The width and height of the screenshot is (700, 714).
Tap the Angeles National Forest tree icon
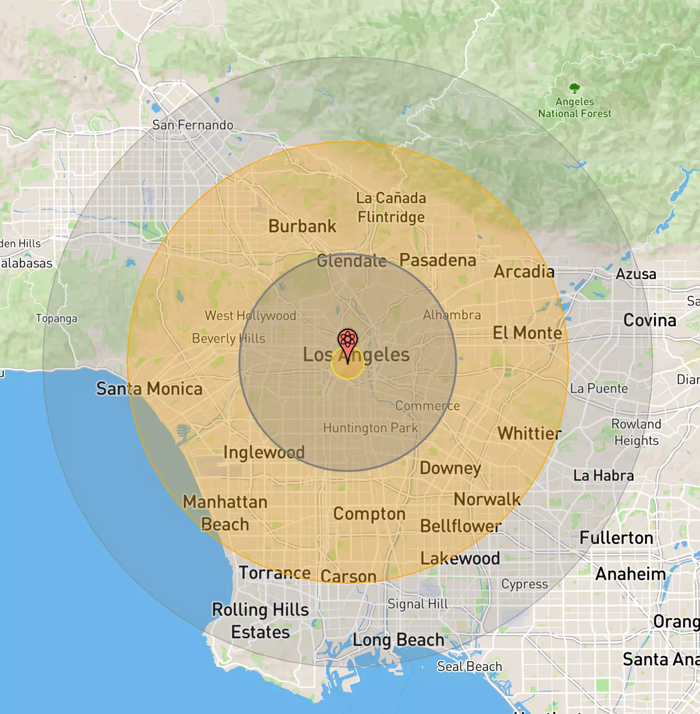[x=575, y=88]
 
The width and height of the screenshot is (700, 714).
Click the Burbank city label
[x=302, y=226]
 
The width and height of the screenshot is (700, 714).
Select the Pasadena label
[x=437, y=260]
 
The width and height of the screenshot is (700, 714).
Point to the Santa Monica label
[x=149, y=389]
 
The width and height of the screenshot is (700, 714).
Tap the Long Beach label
[x=399, y=640]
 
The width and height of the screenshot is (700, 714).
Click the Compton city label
[x=369, y=514]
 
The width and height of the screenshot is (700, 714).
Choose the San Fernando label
[x=192, y=125]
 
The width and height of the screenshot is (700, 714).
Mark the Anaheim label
[x=630, y=574]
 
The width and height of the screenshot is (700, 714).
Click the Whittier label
[x=529, y=433]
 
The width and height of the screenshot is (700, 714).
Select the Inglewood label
[x=264, y=452]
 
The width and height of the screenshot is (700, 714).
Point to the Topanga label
[x=56, y=319]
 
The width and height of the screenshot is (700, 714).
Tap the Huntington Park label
[x=370, y=428]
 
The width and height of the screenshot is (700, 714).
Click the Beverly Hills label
[x=228, y=339]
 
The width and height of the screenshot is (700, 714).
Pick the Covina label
[x=650, y=320]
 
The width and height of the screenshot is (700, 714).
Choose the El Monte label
[x=527, y=333]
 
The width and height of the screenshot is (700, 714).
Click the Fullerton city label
[x=616, y=537]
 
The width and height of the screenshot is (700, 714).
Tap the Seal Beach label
[x=469, y=666]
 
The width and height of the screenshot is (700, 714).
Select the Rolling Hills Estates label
[x=260, y=621]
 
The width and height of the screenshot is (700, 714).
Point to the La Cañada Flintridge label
[x=391, y=208]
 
